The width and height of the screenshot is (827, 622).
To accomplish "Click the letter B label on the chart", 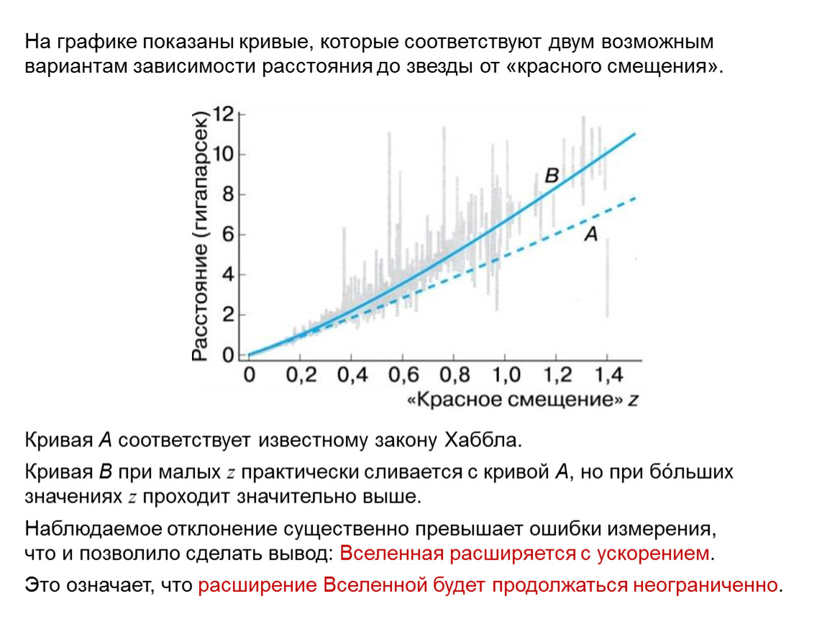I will click(x=552, y=176).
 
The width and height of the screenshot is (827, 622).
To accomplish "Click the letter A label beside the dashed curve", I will click(x=590, y=233).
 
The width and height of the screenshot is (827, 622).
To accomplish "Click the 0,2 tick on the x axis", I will click(x=300, y=376).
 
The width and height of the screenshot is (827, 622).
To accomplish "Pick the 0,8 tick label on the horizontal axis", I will click(x=454, y=376).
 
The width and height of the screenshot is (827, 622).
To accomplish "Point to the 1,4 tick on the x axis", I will click(x=607, y=376).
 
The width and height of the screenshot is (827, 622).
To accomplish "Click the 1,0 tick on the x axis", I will click(x=505, y=376).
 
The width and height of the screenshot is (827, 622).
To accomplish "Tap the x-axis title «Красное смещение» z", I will click(x=523, y=401).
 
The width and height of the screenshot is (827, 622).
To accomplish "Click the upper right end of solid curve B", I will click(x=634, y=134).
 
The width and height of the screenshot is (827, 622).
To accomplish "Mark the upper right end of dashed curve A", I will click(x=634, y=197).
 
